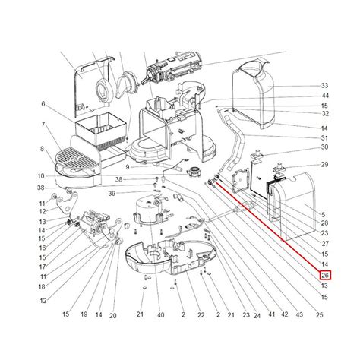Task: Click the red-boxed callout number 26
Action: [325, 275]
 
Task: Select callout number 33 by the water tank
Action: [324, 86]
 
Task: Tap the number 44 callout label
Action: [324, 96]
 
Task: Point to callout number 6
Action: [43, 104]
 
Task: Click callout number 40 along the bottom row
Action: [161, 315]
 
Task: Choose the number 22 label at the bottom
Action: [201, 315]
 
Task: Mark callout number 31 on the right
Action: [324, 138]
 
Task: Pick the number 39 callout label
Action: [112, 194]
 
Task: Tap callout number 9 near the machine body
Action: [128, 167]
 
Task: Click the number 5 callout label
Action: [324, 215]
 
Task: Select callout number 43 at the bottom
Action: [299, 314]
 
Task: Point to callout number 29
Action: [324, 165]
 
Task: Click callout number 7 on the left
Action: [43, 125]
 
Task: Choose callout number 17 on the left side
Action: [43, 267]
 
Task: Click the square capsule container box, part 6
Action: [101, 130]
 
